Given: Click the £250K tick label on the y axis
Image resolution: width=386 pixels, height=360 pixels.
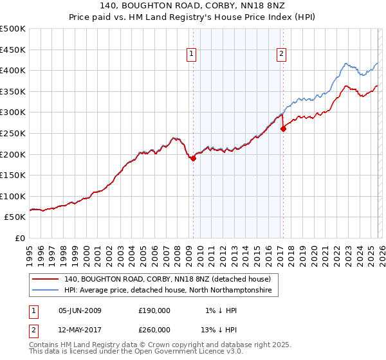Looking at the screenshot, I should click(x=13, y=133).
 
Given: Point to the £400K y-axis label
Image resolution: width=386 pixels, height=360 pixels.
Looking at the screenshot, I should click(x=13, y=70).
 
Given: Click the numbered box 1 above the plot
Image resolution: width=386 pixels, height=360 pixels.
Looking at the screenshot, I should click(x=192, y=55).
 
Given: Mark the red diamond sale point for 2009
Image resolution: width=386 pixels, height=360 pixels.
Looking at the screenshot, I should click(x=193, y=158).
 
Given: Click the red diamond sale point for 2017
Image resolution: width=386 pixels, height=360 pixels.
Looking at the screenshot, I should click(x=283, y=129).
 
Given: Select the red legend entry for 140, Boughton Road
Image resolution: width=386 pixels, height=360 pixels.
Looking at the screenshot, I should click(x=171, y=279).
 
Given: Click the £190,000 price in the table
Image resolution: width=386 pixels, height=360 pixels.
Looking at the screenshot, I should click(x=154, y=310).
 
